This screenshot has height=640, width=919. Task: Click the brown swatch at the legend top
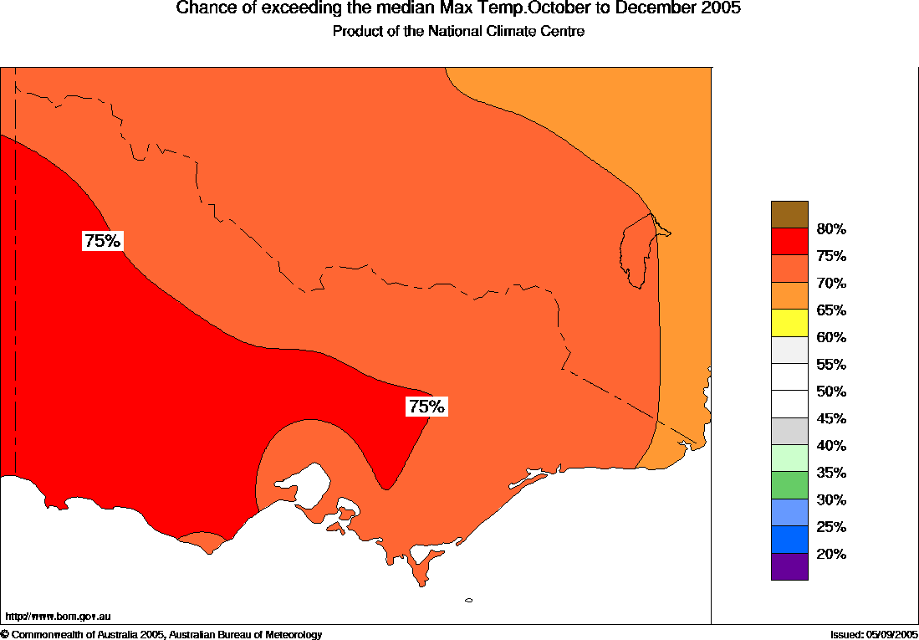[x=789, y=214]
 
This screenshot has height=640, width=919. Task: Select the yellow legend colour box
[x=789, y=322]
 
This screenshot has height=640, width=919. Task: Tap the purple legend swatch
[x=789, y=566]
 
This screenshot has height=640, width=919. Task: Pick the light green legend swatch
[x=789, y=458]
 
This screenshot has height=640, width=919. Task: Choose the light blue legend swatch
[x=789, y=512]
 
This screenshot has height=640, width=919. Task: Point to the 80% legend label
[x=831, y=229]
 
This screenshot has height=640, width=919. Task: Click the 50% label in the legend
[x=831, y=392]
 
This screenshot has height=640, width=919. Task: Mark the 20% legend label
[x=831, y=554]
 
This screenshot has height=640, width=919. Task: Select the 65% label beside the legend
[x=831, y=310]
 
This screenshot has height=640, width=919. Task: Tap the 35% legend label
[x=831, y=473]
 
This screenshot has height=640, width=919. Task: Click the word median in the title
[x=386, y=9]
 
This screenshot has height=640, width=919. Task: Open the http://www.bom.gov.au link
[x=59, y=616]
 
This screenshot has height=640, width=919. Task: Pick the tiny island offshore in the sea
[x=468, y=600]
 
